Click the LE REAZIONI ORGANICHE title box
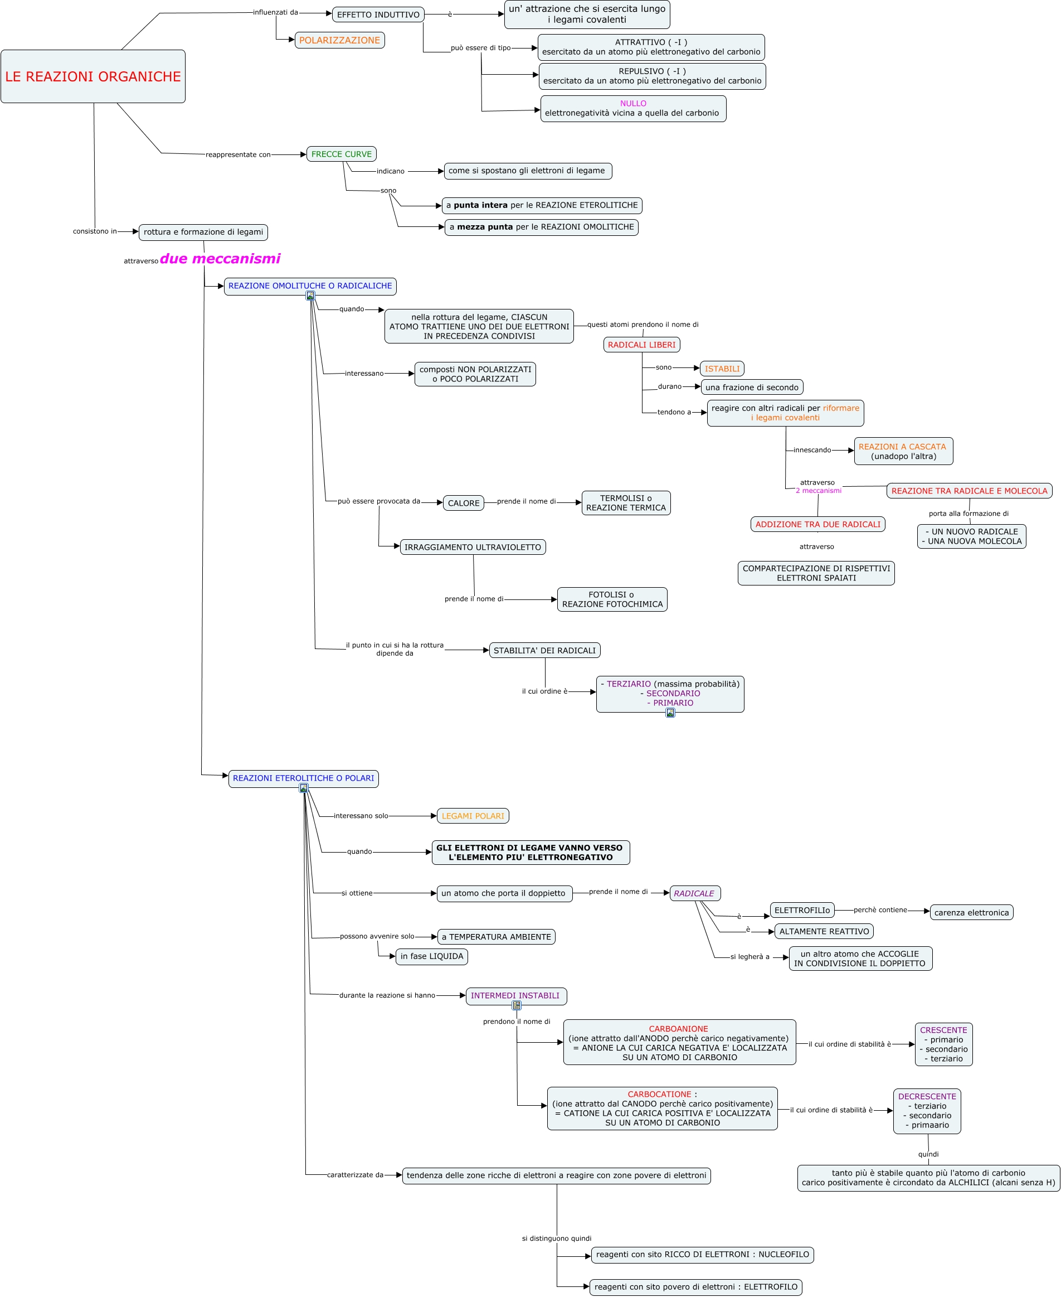pyautogui.click(x=93, y=76)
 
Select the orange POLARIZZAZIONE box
pyautogui.click(x=339, y=40)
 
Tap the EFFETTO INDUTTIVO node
pyautogui.click(x=378, y=14)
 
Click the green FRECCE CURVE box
pyautogui.click(x=341, y=154)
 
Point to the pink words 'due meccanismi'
pyautogui.click(x=220, y=259)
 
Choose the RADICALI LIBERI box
pyautogui.click(x=641, y=345)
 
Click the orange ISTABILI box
pyautogui.click(x=721, y=369)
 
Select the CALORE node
pyautogui.click(x=463, y=504)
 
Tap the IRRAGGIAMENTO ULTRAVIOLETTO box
pyautogui.click(x=473, y=548)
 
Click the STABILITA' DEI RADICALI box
pyautogui.click(x=544, y=651)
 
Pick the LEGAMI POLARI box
pyautogui.click(x=473, y=816)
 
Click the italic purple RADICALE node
pyautogui.click(x=694, y=893)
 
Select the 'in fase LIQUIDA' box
pyautogui.click(x=431, y=956)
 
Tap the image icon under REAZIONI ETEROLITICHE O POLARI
pyautogui.click(x=304, y=788)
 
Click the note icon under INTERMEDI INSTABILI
pyautogui.click(x=517, y=1005)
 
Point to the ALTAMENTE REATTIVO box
pyautogui.click(x=823, y=931)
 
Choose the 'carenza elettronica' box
pyautogui.click(x=971, y=912)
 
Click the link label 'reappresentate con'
pyautogui.click(x=238, y=154)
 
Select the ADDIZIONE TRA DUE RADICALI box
pyautogui.click(x=817, y=524)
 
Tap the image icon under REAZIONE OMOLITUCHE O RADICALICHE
pyautogui.click(x=310, y=296)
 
